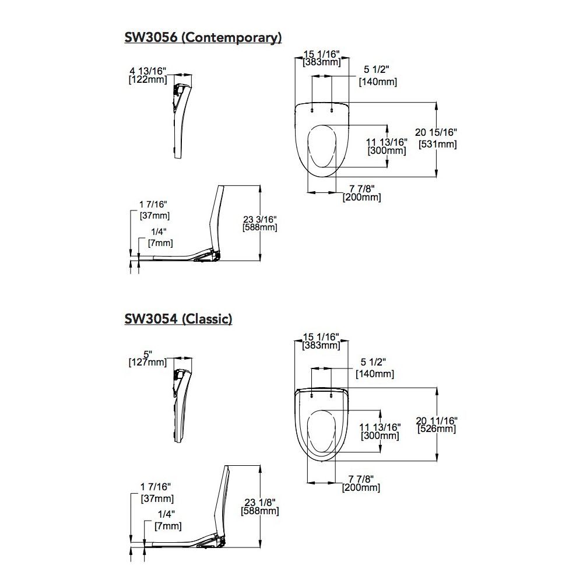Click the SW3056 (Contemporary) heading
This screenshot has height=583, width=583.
click(203, 37)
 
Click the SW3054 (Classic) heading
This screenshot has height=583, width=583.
click(178, 319)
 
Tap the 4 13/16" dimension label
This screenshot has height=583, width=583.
click(147, 71)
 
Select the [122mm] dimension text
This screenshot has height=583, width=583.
click(147, 79)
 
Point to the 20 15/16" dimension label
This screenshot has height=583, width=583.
click(436, 132)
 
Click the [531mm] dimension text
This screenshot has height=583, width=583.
click(438, 144)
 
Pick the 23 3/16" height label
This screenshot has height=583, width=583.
click(260, 219)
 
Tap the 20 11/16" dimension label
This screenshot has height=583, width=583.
click(437, 420)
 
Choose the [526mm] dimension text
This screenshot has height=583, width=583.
click(437, 429)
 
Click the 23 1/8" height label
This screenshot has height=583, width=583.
click(260, 503)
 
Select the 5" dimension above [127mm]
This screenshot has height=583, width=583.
click(147, 354)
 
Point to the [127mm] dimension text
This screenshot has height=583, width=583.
click(147, 362)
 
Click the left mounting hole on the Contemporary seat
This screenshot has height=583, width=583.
click(311, 110)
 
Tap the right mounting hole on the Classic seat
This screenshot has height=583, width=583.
click(331, 396)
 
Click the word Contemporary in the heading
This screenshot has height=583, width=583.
click(231, 38)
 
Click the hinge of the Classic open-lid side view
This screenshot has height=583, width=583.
click(220, 540)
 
